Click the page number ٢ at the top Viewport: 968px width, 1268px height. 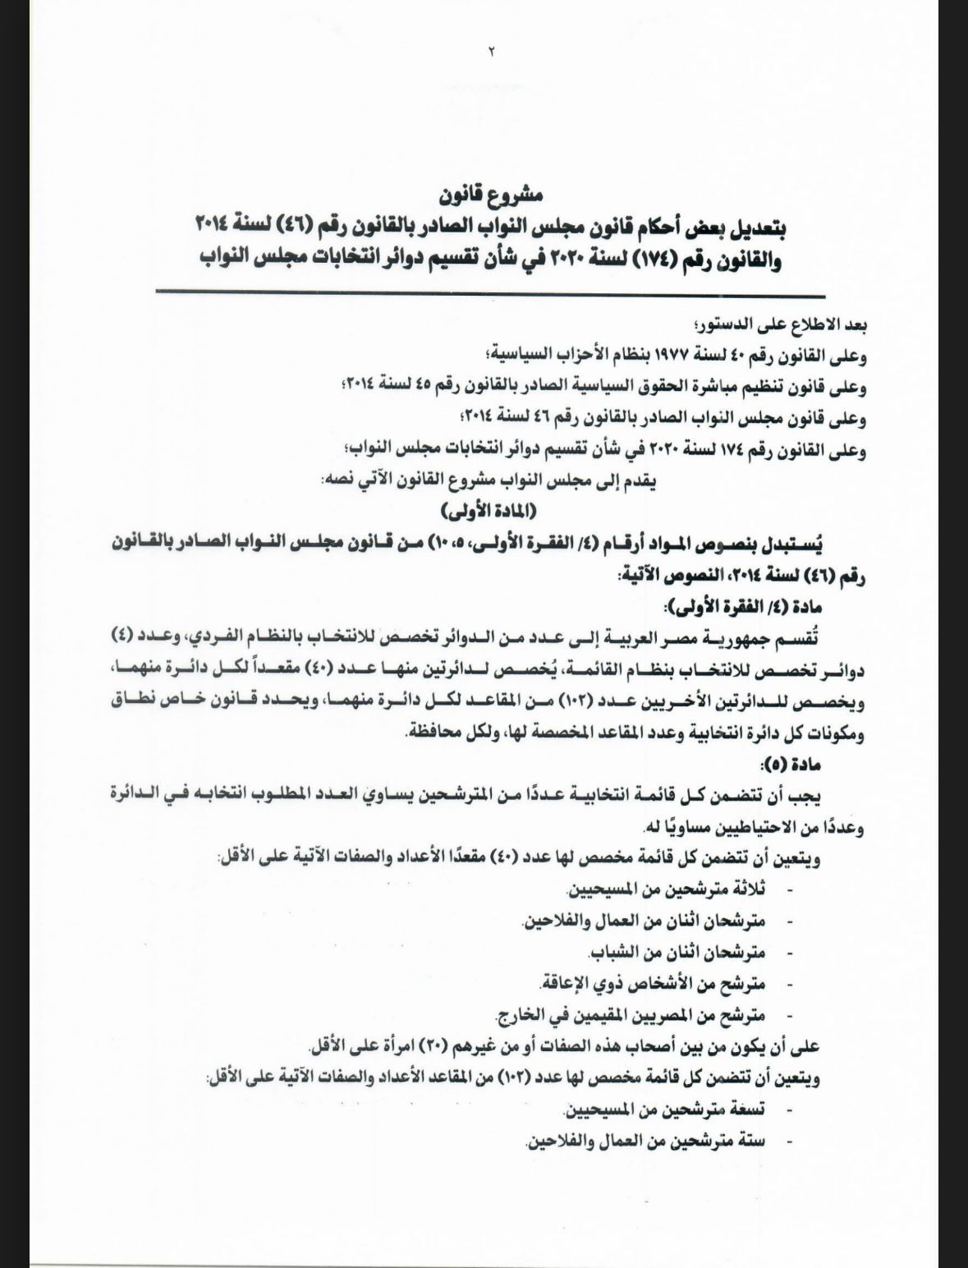pos(492,52)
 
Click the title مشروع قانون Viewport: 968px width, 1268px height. pos(490,196)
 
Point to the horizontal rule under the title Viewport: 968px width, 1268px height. pos(489,294)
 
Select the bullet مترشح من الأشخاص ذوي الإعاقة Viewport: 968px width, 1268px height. pos(653,983)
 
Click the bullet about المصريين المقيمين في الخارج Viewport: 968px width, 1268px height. pos(632,1014)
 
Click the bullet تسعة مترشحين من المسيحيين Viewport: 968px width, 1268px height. pos(665,1109)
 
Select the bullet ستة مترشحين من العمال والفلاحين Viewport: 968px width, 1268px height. pos(645,1142)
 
